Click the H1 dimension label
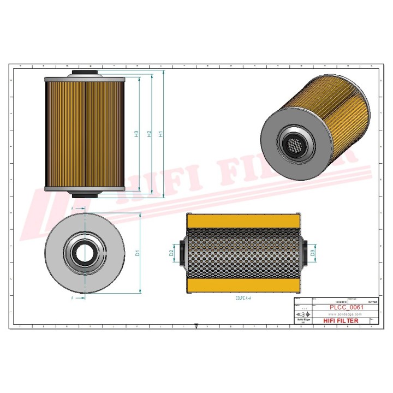point(160,133)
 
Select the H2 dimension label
point(148,133)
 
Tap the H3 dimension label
point(136,133)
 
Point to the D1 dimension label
point(138,253)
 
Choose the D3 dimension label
point(312,253)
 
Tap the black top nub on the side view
point(85,74)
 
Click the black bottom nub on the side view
point(85,195)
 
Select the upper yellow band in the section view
point(243,221)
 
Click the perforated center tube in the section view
point(243,253)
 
